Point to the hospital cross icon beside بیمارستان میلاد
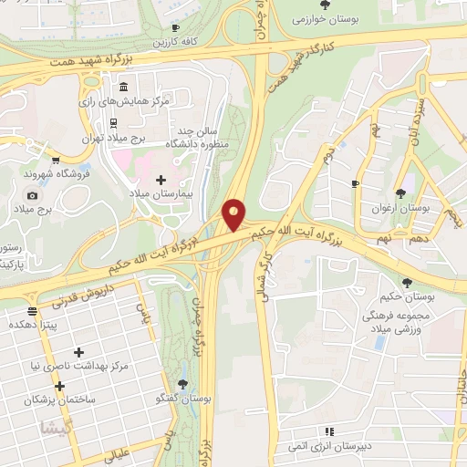(161, 179)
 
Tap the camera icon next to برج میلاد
(32, 195)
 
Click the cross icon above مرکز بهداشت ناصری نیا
(79, 351)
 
